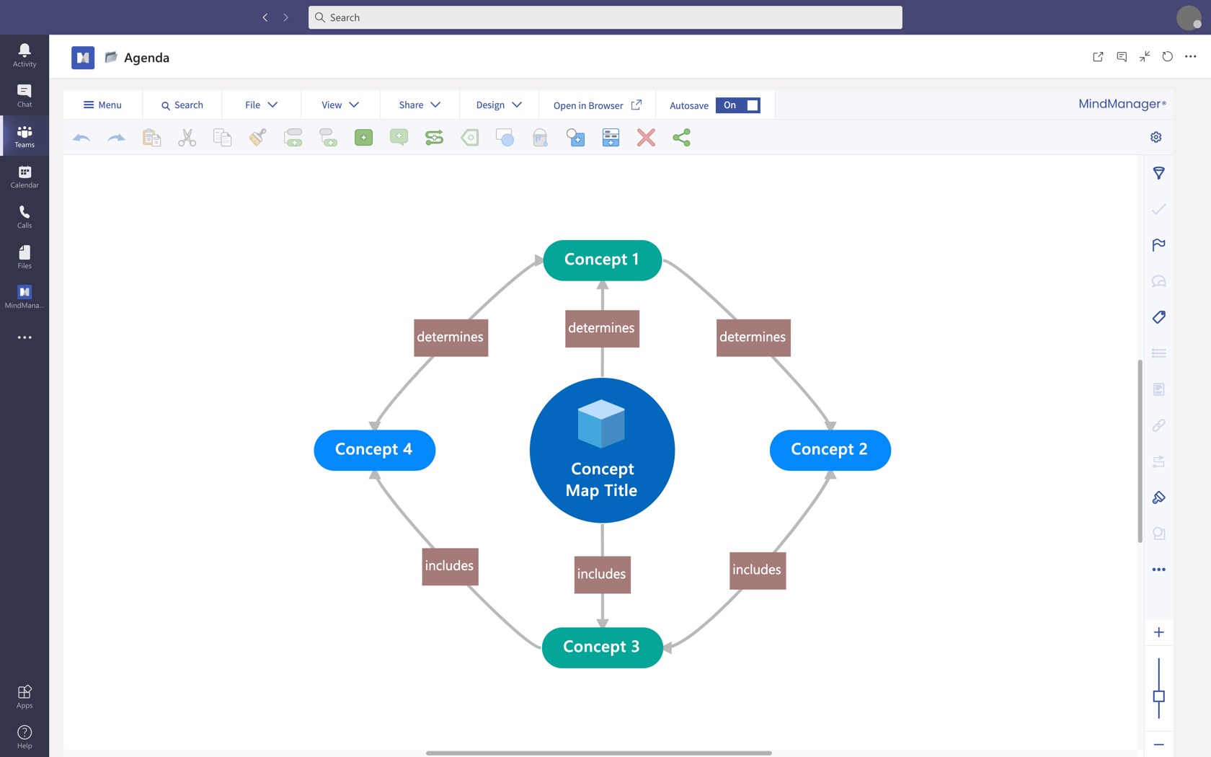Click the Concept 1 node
point(602,260)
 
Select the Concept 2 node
point(830,450)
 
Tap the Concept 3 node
point(602,647)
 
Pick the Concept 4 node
point(374,450)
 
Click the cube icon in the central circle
point(601,423)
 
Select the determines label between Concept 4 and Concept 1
point(451,337)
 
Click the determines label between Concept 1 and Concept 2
point(753,337)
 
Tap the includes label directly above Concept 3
point(602,575)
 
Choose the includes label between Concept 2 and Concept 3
point(757,570)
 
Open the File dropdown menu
point(261,105)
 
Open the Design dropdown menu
point(498,105)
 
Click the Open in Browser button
point(597,105)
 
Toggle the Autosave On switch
point(737,105)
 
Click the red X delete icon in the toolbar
point(646,138)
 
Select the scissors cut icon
point(187,138)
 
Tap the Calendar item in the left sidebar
point(25,177)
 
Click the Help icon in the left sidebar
point(25,737)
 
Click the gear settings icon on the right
point(1156,137)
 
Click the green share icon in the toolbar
point(681,138)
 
